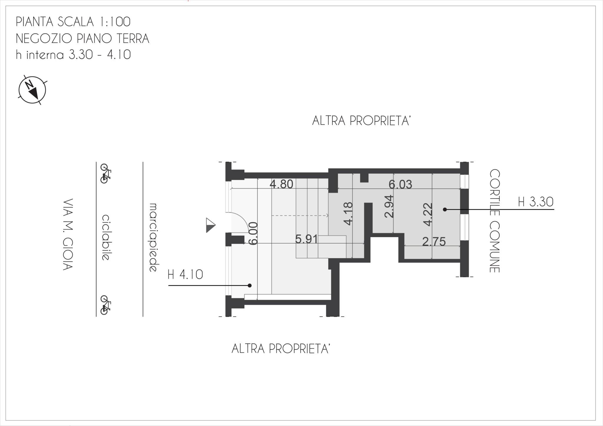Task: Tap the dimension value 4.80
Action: pyautogui.click(x=281, y=184)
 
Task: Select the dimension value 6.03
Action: pyautogui.click(x=400, y=184)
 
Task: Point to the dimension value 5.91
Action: pyautogui.click(x=307, y=239)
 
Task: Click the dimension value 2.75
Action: pyautogui.click(x=434, y=242)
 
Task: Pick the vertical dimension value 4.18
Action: pyautogui.click(x=348, y=214)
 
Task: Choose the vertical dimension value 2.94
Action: pyautogui.click(x=389, y=206)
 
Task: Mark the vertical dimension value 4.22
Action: pyautogui.click(x=428, y=214)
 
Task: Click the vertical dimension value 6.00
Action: pyautogui.click(x=253, y=233)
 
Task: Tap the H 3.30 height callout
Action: pyautogui.click(x=536, y=202)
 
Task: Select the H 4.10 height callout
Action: pyautogui.click(x=185, y=275)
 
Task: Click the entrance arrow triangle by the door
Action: pyautogui.click(x=211, y=225)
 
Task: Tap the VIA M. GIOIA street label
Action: pyautogui.click(x=68, y=234)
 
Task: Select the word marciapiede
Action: pyautogui.click(x=153, y=237)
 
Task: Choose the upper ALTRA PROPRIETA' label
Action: pyautogui.click(x=361, y=121)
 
